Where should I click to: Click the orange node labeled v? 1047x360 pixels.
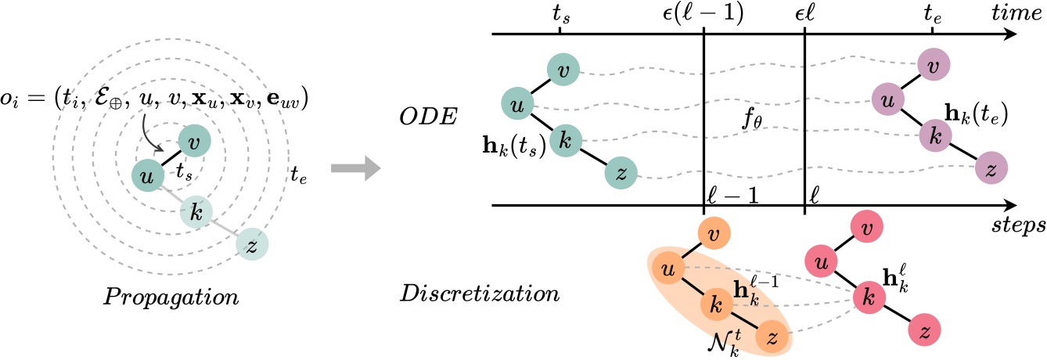(714, 233)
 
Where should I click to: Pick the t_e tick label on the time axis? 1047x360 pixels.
(932, 14)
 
